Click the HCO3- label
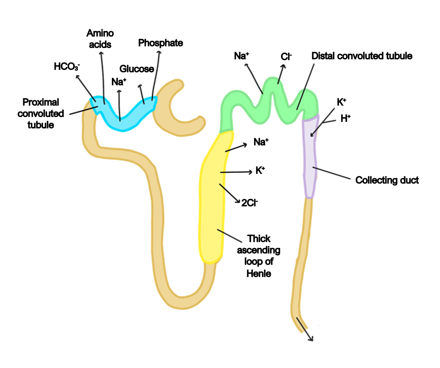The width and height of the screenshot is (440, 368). pyautogui.click(x=67, y=67)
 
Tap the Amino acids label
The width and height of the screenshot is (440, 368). pyautogui.click(x=100, y=38)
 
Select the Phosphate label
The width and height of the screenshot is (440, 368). pyautogui.click(x=160, y=43)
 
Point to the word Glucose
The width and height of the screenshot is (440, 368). pyautogui.click(x=137, y=69)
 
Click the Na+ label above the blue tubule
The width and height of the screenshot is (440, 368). pyautogui.click(x=119, y=82)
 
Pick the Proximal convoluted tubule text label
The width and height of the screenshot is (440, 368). pyautogui.click(x=41, y=113)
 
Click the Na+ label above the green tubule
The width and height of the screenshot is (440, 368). pyautogui.click(x=242, y=56)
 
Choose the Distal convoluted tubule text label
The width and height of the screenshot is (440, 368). pyautogui.click(x=362, y=56)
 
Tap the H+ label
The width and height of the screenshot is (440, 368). pyautogui.click(x=345, y=118)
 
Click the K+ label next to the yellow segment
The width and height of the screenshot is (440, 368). pyautogui.click(x=260, y=171)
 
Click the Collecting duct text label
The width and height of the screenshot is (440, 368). pyautogui.click(x=387, y=180)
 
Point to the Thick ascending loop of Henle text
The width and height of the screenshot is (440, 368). pyautogui.click(x=259, y=256)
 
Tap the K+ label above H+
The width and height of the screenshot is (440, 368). pyautogui.click(x=341, y=102)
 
